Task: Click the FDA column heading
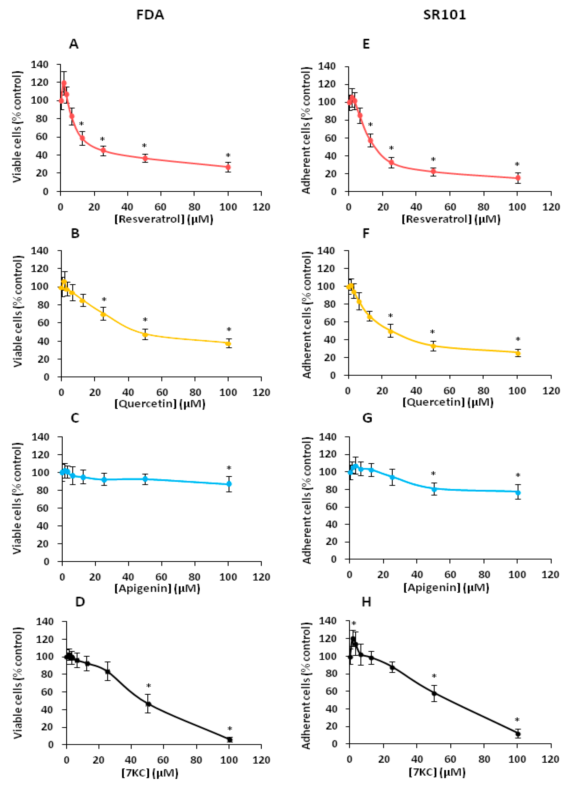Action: point(150,15)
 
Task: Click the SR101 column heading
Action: point(444,15)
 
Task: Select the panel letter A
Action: point(74,44)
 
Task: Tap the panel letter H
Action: point(366,602)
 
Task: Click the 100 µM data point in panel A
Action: point(228,167)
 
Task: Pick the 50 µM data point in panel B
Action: point(145,334)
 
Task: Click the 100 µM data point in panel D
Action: point(230,739)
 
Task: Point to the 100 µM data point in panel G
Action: point(518,492)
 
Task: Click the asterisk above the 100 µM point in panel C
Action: point(229,469)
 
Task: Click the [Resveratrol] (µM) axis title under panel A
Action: point(164,219)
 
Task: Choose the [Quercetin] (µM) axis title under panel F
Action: point(448,402)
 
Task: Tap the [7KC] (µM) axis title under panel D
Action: point(150,772)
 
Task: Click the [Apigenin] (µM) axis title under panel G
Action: point(446,587)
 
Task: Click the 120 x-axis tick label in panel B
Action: point(261,392)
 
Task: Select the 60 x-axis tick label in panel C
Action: point(161,577)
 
